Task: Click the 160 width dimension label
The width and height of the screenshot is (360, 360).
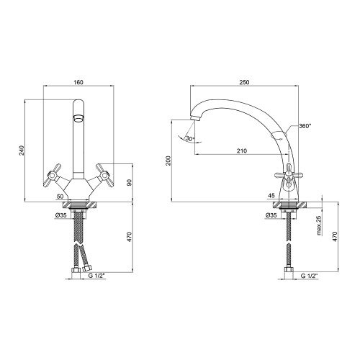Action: click(x=78, y=82)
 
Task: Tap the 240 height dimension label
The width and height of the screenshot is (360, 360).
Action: click(x=22, y=150)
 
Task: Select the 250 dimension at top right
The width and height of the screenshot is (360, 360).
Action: click(x=244, y=82)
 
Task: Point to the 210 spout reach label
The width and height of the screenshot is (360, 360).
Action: click(x=242, y=150)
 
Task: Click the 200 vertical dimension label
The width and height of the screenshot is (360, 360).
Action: click(x=168, y=161)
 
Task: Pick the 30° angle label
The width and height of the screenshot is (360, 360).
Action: click(x=189, y=138)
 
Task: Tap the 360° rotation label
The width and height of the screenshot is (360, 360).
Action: click(x=305, y=126)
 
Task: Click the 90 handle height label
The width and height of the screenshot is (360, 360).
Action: click(x=130, y=183)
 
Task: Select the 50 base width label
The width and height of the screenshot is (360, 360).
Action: click(x=60, y=197)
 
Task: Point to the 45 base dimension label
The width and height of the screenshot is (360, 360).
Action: click(x=271, y=196)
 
